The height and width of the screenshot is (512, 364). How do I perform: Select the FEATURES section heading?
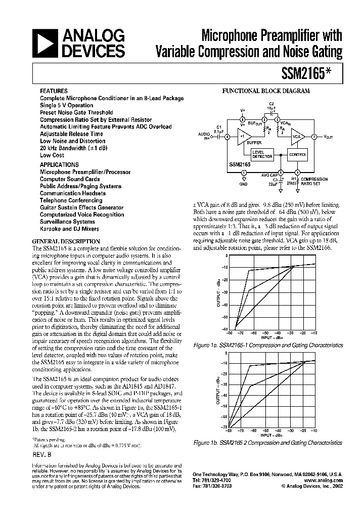pyautogui.click(x=54, y=91)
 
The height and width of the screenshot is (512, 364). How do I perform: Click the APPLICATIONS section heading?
pyautogui.click(x=60, y=165)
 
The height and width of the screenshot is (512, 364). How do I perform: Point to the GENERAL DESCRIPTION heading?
pyautogui.click(x=66, y=242)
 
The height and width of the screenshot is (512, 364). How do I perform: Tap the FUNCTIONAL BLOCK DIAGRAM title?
pyautogui.click(x=266, y=91)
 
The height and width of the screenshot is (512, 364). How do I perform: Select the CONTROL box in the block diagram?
pyautogui.click(x=297, y=154)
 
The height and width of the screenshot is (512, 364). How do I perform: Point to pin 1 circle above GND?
pyautogui.click(x=244, y=173)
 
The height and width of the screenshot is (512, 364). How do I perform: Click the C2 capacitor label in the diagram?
pyautogui.click(x=271, y=104)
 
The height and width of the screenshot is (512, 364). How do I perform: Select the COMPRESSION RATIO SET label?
pyautogui.click(x=314, y=181)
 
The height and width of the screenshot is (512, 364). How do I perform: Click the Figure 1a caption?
pyautogui.click(x=268, y=345)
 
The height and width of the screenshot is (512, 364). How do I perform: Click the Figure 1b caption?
pyautogui.click(x=268, y=442)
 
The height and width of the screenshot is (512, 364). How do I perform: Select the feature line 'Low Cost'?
pyautogui.click(x=52, y=155)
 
